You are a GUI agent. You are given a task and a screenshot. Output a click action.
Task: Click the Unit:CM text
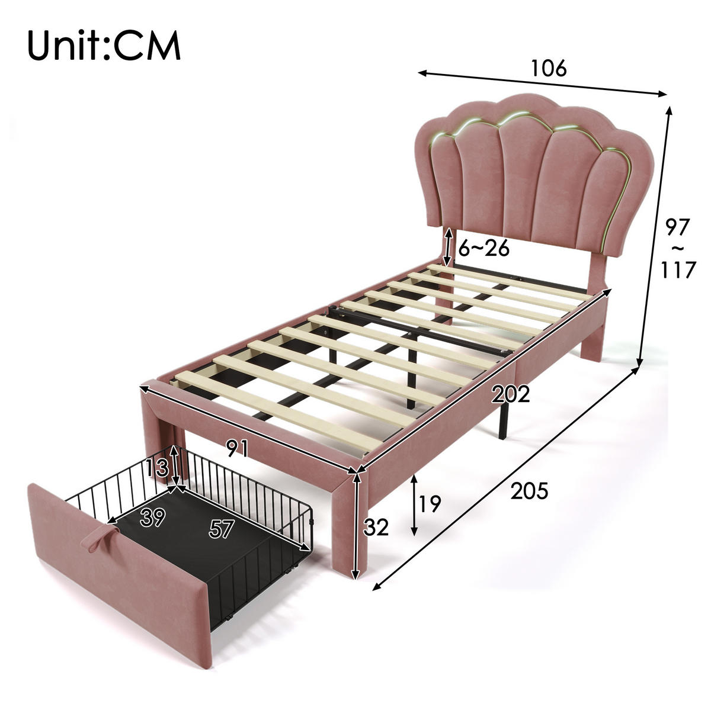(x=104, y=46)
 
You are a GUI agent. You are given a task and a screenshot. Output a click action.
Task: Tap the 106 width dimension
(x=548, y=68)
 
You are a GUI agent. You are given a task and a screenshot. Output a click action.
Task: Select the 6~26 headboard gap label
(x=483, y=248)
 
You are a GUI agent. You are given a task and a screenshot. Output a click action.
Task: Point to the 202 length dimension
(x=511, y=394)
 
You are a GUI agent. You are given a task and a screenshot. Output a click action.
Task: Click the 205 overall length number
(x=529, y=491)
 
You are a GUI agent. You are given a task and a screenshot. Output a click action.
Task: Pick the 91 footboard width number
(x=237, y=448)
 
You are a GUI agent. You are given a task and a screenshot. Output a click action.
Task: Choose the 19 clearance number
(x=429, y=503)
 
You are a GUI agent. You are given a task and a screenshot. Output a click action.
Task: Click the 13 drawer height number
(x=157, y=468)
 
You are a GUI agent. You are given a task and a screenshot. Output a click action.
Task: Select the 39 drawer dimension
(x=153, y=517)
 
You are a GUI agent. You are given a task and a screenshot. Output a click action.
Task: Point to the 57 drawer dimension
(x=222, y=529)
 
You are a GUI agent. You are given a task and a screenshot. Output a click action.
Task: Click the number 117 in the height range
(x=678, y=269)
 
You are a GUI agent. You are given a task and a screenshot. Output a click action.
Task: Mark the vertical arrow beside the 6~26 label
(x=449, y=247)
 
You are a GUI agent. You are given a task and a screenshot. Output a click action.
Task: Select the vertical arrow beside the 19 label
(x=414, y=505)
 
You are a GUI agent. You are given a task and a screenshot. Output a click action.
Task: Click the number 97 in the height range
(x=677, y=227)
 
